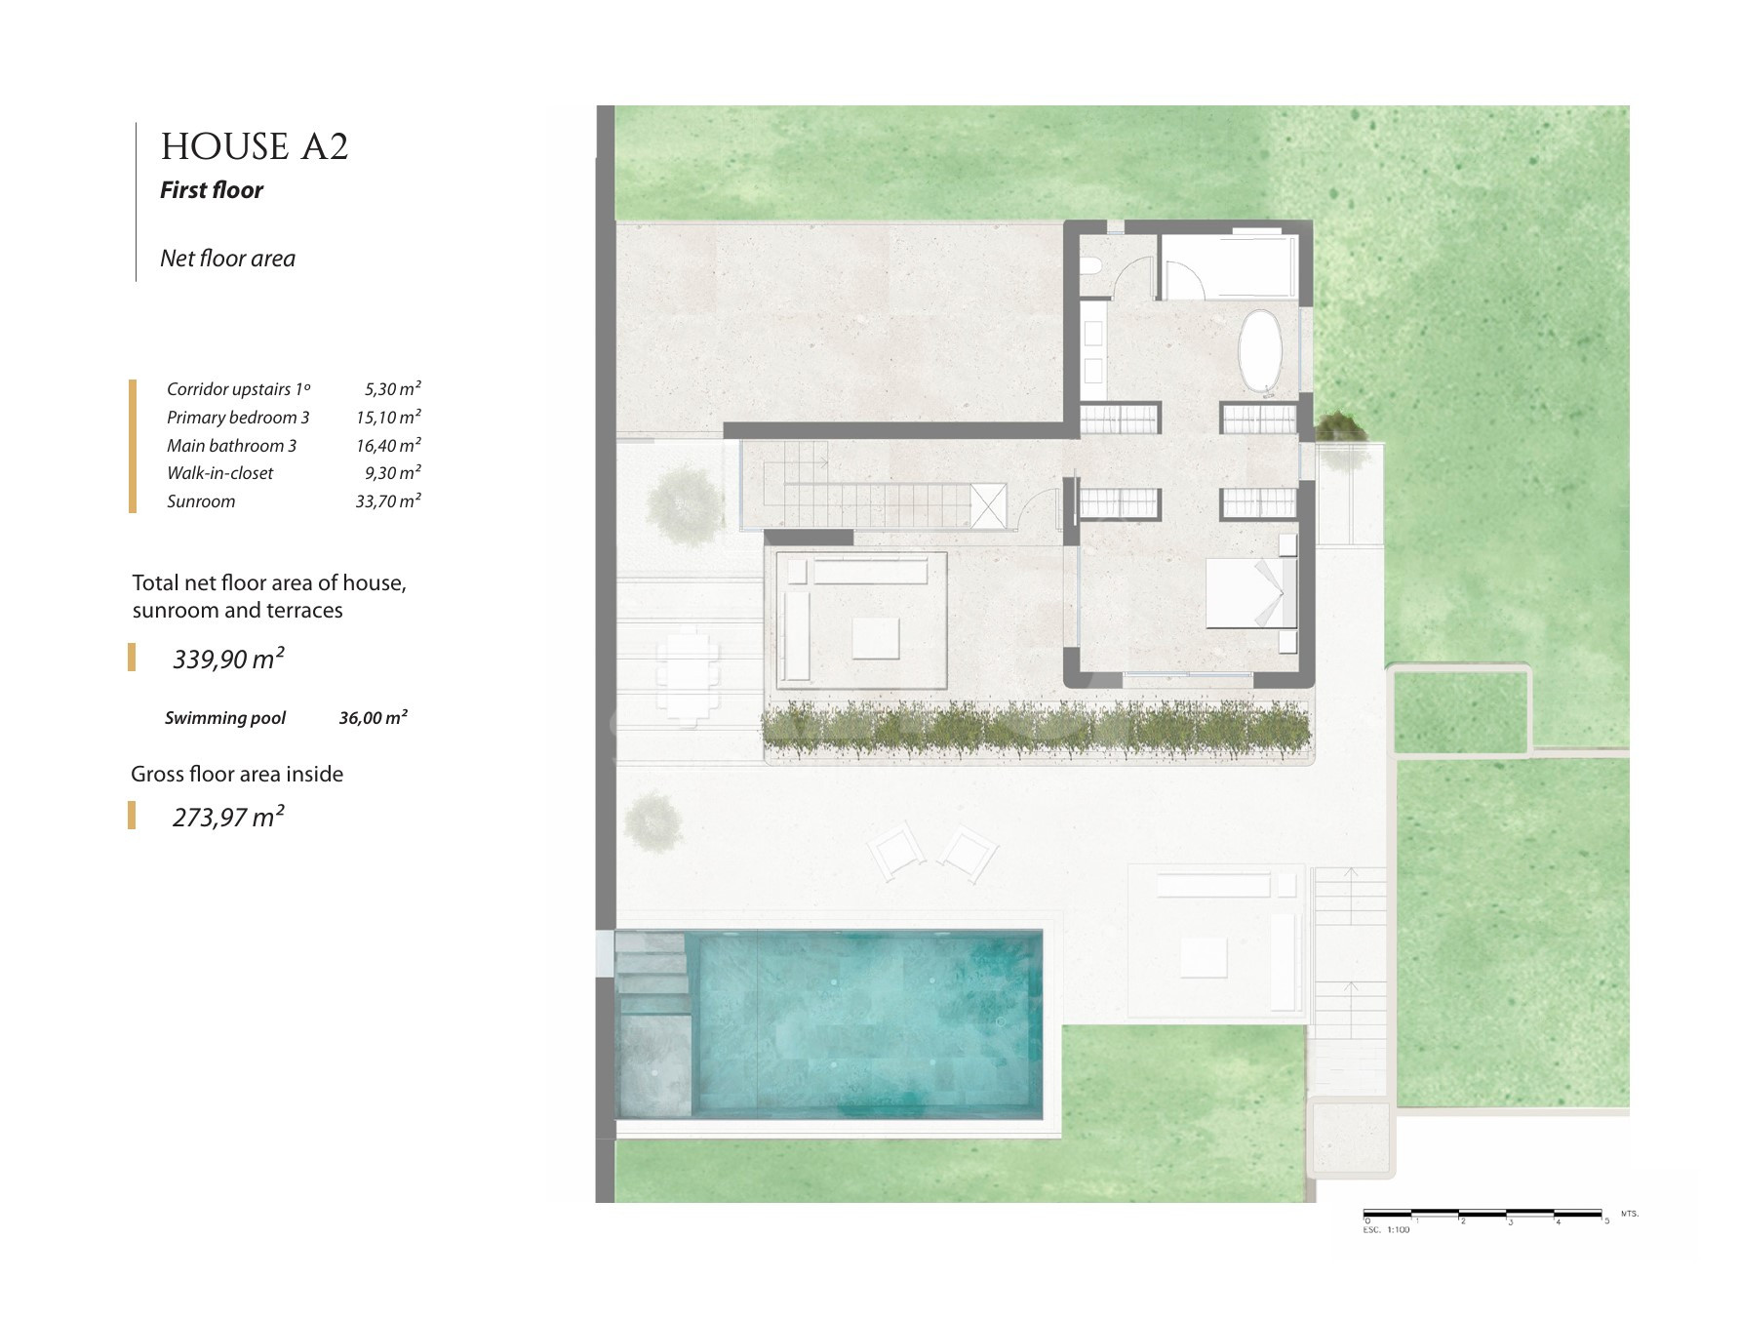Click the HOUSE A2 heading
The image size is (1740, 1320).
[x=255, y=147]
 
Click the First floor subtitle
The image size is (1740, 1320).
[x=212, y=190]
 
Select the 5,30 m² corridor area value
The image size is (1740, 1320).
[x=393, y=388]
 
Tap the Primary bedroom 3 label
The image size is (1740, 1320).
[x=238, y=418]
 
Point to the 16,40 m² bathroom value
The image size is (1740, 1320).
[x=388, y=445]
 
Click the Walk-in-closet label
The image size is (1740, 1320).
[x=220, y=473]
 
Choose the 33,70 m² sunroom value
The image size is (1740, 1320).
[x=388, y=501]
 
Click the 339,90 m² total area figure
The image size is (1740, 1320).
[x=228, y=659]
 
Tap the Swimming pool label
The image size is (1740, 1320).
[x=225, y=718]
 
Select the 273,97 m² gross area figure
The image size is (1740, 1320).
[x=228, y=817]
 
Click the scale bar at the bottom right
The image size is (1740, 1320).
[x=1483, y=1215]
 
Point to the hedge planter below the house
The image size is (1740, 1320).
[x=1036, y=729]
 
